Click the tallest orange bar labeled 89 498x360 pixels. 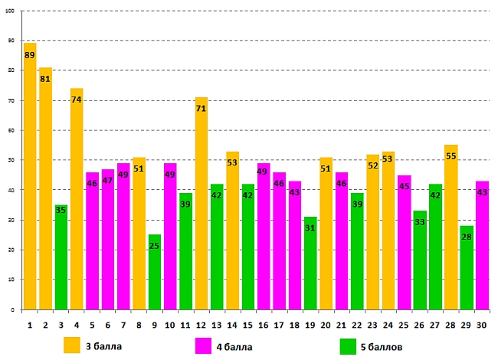30,176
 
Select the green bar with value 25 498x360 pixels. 155,272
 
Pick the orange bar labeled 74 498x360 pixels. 77,199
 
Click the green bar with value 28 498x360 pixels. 467,267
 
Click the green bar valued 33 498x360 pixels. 420,260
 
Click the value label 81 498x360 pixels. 45,78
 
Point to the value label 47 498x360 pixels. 108,181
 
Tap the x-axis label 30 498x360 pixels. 482,326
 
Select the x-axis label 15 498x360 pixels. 248,326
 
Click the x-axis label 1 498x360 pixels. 30,326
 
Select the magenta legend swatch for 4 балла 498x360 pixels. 204,345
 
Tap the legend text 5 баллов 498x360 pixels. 382,346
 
